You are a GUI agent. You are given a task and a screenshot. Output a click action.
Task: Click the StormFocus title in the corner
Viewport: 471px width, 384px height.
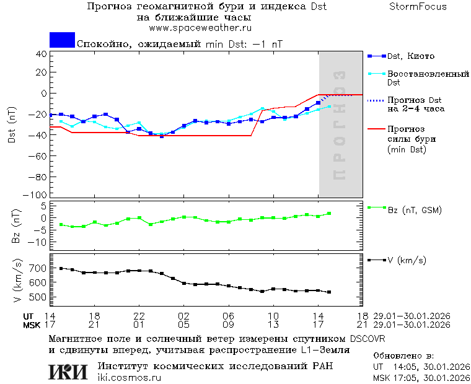418,7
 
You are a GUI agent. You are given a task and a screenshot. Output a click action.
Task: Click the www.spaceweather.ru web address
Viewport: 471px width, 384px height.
200,28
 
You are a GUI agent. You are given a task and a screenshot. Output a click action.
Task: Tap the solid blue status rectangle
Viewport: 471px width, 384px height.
62,40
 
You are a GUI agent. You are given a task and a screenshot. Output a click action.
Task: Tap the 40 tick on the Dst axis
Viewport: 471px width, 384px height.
42,54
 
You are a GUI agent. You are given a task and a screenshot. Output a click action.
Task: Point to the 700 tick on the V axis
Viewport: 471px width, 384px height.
38,268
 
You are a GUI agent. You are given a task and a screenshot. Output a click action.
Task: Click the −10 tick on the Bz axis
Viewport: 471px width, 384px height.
39,242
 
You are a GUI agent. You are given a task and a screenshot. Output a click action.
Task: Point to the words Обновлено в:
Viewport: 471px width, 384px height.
403,356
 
